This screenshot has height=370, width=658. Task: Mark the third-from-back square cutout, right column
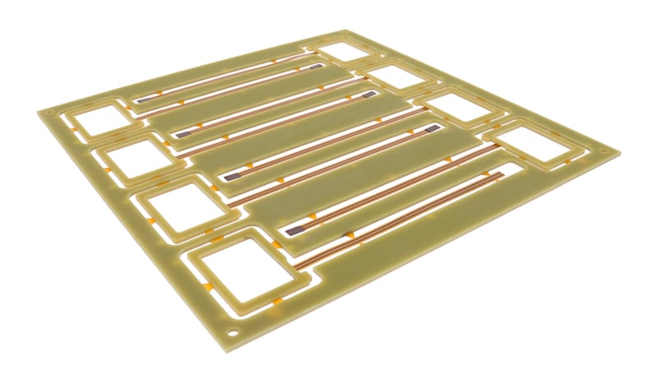[456, 109]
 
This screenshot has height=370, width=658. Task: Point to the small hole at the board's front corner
[239, 333]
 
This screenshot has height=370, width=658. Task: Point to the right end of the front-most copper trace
[498, 173]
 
